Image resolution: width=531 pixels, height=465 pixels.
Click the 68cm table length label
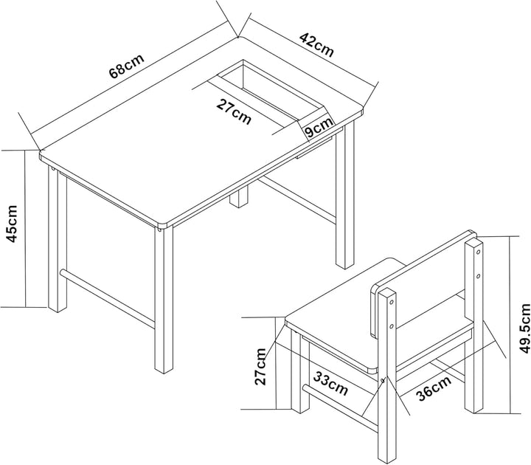127,66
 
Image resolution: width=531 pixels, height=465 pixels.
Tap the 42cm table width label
316,45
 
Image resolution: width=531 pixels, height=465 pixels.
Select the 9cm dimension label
319,128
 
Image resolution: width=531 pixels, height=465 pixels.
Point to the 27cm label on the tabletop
234,111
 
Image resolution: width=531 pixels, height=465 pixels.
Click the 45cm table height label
13,224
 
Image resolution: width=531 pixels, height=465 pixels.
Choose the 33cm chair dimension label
330,383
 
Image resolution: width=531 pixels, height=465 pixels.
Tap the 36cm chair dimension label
434,388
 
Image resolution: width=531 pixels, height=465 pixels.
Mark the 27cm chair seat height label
260,366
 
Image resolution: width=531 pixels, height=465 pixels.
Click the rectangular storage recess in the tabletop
269,91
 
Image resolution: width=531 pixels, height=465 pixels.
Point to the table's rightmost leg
345,196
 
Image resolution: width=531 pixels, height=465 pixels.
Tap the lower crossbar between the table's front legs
108,298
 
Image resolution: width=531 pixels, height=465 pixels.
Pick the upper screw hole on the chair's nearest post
391,302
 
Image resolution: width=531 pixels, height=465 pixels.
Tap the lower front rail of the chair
340,406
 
